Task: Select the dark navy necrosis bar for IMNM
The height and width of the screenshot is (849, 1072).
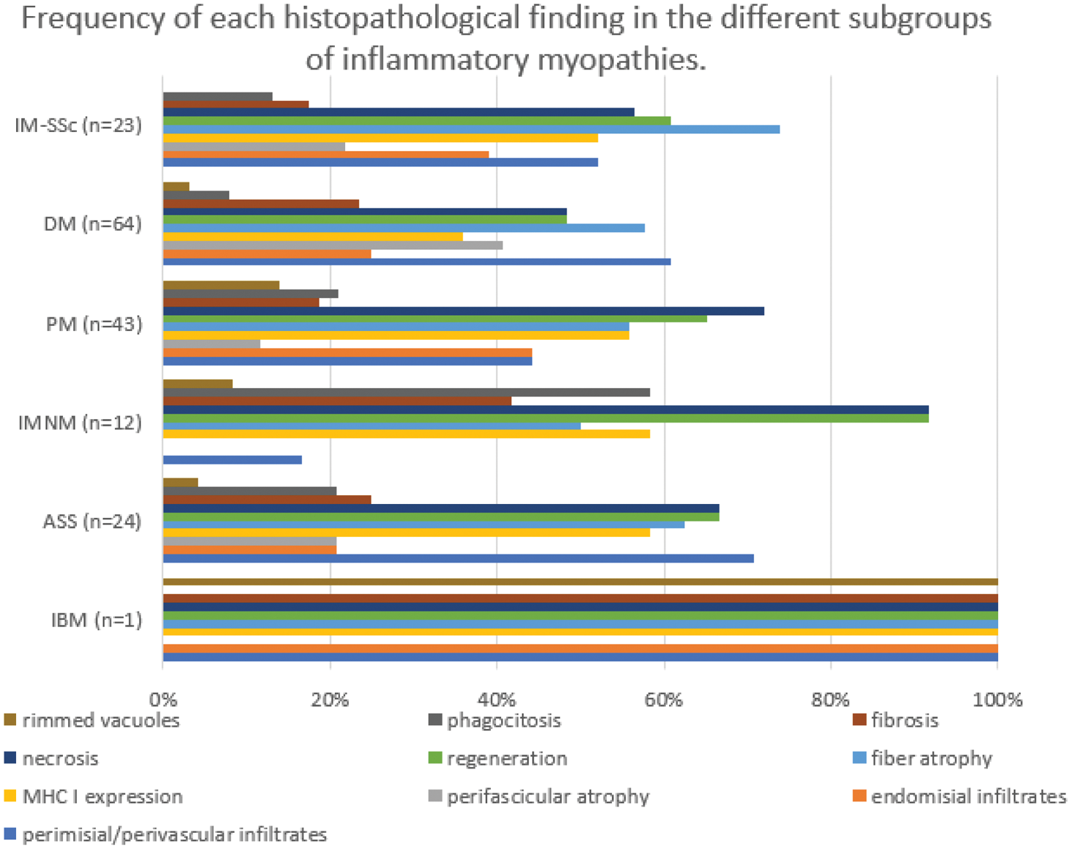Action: click(545, 409)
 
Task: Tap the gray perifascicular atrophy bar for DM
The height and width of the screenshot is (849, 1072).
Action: click(333, 245)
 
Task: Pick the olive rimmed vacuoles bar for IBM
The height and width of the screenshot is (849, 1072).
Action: click(580, 582)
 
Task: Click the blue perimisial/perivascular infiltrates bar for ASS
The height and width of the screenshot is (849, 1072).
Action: click(458, 559)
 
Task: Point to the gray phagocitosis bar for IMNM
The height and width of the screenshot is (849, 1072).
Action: click(406, 393)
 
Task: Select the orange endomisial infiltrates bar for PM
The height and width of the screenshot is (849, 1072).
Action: click(347, 352)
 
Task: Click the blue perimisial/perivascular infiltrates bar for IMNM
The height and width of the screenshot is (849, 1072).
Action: click(232, 460)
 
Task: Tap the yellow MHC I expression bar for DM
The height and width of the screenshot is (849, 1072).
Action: click(313, 237)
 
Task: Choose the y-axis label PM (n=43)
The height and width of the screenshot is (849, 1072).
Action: click(94, 324)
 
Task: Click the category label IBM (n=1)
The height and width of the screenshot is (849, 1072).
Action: click(96, 620)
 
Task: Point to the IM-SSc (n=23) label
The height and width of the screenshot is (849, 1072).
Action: click(78, 125)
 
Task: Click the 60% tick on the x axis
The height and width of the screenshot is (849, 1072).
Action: click(664, 700)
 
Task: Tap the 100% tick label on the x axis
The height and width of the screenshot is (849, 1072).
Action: click(997, 700)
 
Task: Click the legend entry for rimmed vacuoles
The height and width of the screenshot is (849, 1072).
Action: click(100, 721)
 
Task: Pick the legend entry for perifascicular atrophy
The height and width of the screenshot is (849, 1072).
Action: click(547, 797)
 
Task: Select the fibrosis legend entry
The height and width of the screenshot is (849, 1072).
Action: click(904, 721)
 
